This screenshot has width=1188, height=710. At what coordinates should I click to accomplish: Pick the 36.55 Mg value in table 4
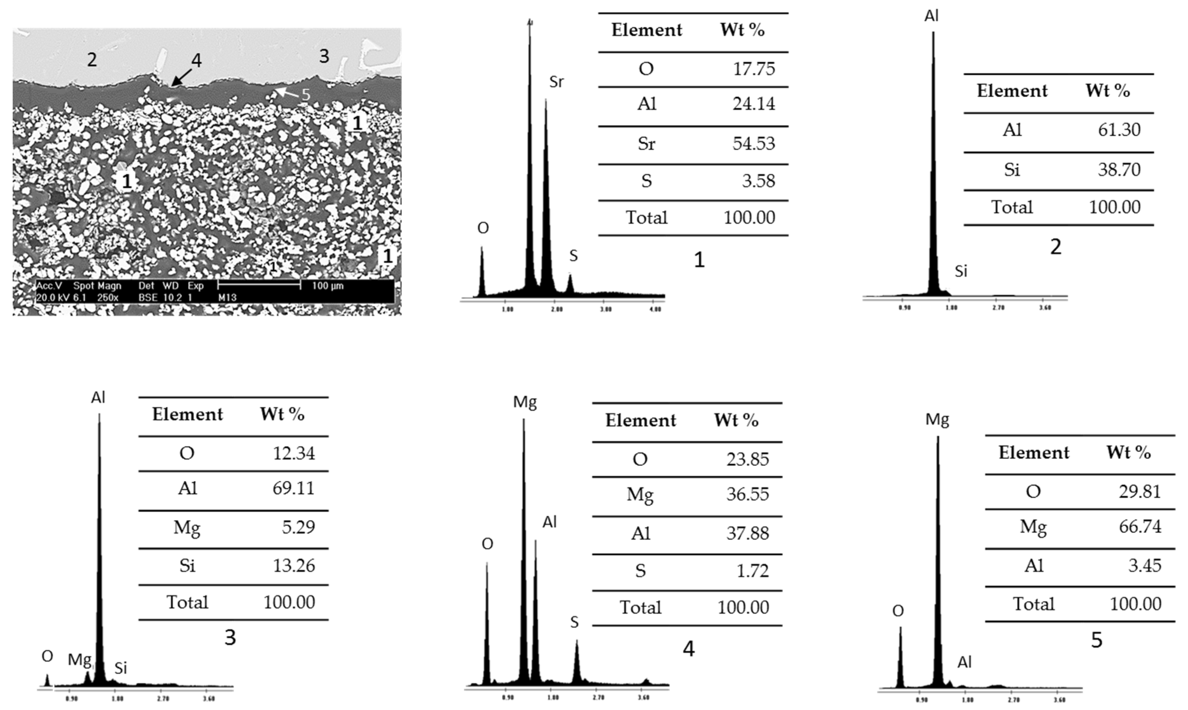click(x=747, y=494)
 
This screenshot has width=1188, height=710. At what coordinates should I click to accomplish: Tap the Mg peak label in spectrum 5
click(x=937, y=420)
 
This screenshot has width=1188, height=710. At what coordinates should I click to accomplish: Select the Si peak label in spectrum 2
click(x=961, y=271)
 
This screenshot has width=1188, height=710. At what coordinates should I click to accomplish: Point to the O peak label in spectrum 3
click(x=47, y=656)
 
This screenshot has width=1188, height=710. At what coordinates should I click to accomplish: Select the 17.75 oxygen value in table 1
click(x=754, y=69)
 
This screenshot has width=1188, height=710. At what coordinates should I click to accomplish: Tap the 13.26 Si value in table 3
click(x=294, y=566)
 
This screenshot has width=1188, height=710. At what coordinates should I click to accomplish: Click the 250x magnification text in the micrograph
click(x=108, y=298)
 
